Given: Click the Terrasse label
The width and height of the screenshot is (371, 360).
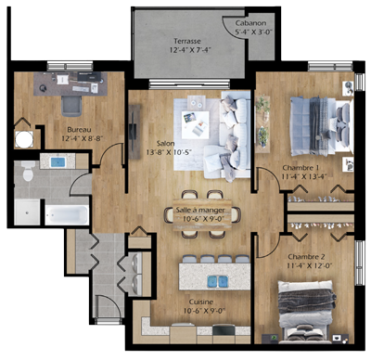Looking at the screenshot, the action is coord(187,41).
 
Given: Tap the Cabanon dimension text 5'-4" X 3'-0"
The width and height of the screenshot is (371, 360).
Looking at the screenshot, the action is coord(254,32).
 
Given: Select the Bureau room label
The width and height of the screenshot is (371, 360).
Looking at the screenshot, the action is coord(79,130).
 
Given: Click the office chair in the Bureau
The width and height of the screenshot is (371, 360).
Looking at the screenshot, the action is coord(71,106).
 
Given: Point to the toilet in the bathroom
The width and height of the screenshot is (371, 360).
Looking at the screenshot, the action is coord(28,171).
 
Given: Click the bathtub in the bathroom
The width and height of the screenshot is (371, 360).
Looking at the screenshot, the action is coord(67,214).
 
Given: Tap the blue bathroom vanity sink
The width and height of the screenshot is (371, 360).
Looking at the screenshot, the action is coord(58,162).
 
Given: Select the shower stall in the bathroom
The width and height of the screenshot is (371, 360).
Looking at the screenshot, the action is coord(27,212).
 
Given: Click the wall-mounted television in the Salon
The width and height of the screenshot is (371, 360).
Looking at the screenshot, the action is coord(134,132).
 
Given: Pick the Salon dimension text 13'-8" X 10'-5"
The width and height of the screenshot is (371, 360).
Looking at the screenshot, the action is coord(169,152).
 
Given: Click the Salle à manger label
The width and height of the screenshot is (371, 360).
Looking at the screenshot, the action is coord(200,210).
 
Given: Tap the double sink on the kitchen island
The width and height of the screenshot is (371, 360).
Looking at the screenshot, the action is coord(218,281).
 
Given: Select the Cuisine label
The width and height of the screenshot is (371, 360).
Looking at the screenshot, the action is coord(201,302).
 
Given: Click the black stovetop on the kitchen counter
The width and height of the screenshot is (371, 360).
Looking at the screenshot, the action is coord(224,329).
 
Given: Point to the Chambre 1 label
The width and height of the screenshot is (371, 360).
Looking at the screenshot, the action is coord(301,168).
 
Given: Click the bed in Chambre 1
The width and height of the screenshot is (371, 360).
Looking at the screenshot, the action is coord(321,126).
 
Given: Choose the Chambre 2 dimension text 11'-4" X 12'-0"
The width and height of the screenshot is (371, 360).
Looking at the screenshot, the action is coord(306,265).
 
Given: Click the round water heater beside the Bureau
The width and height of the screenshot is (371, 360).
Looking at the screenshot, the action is coord(24,139).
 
